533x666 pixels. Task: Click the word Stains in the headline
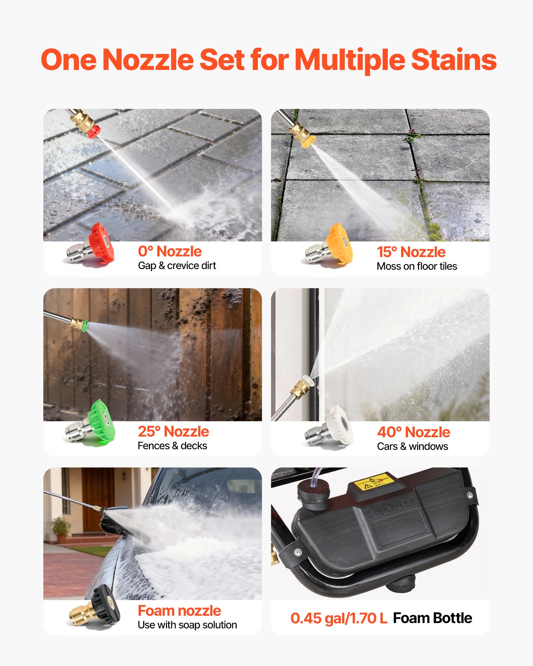[x=454, y=60]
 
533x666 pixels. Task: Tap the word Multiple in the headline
[x=350, y=60]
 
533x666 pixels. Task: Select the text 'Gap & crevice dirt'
[x=177, y=266]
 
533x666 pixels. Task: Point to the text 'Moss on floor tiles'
[x=417, y=266]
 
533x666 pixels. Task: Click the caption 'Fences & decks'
[x=172, y=446]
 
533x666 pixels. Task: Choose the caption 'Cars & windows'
[x=412, y=447]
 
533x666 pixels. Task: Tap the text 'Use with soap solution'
[x=187, y=625]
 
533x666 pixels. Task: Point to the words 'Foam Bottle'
[x=432, y=618]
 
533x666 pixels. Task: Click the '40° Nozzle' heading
[x=413, y=432]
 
